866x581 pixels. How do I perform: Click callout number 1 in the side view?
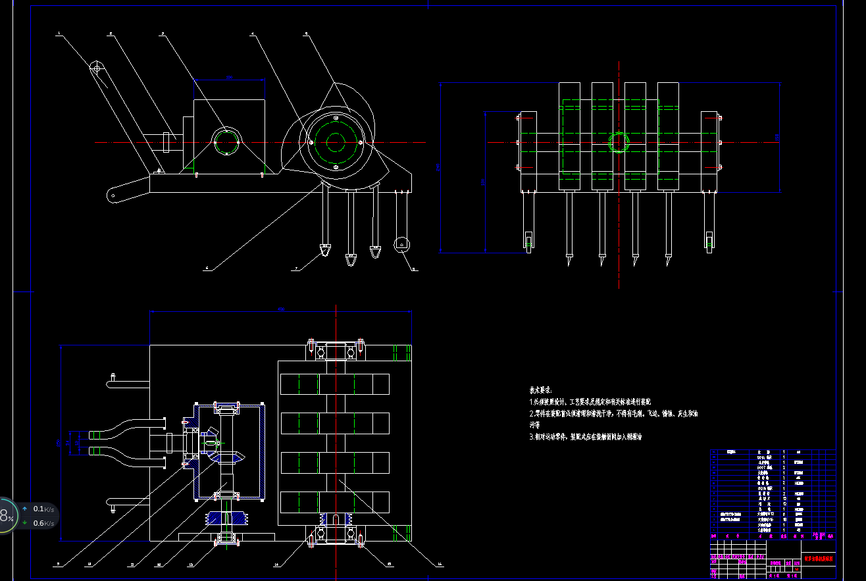[59, 33]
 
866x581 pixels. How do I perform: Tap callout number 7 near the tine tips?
[297, 268]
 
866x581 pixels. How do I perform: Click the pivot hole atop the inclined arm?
[97, 68]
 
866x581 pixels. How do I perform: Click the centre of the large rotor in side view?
[336, 142]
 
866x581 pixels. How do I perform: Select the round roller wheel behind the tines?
[401, 245]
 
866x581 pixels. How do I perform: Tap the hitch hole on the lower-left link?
[114, 195]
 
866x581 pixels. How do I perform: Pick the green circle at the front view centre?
[619, 142]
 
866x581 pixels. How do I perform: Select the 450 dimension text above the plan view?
[280, 309]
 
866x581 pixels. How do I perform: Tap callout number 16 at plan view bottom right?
[440, 564]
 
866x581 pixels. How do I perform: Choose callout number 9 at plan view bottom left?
[59, 564]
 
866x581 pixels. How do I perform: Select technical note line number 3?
[586, 436]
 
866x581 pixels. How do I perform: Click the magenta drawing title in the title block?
[819, 558]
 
